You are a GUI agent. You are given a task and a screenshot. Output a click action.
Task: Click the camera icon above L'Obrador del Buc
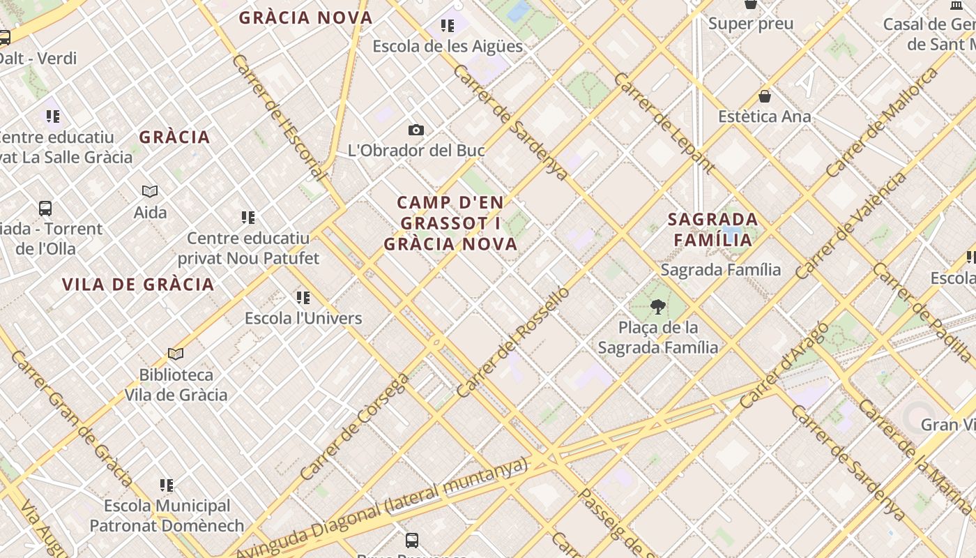click(416, 130)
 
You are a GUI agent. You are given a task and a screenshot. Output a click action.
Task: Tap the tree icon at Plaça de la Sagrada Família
click(657, 306)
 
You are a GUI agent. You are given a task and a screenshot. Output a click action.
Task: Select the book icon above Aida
click(150, 191)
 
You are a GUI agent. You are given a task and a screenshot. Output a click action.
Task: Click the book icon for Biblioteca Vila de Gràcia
click(176, 354)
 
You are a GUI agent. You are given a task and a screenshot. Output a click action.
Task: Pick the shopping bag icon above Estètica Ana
click(765, 96)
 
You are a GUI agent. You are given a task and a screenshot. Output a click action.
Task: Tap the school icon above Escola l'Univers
click(303, 298)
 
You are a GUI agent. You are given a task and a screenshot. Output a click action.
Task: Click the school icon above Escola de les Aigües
click(448, 27)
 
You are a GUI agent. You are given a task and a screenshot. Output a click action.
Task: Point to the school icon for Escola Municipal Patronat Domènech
click(167, 485)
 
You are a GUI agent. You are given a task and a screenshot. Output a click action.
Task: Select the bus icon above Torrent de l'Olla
click(45, 208)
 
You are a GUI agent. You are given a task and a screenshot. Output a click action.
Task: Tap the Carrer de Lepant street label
click(663, 123)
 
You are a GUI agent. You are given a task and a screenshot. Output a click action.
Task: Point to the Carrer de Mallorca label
click(881, 122)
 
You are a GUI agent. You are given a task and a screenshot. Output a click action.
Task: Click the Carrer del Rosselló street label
click(513, 342)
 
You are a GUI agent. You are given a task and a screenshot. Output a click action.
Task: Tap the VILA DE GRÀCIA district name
click(138, 285)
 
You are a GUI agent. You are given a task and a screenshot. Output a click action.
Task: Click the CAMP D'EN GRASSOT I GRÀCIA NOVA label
click(450, 223)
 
